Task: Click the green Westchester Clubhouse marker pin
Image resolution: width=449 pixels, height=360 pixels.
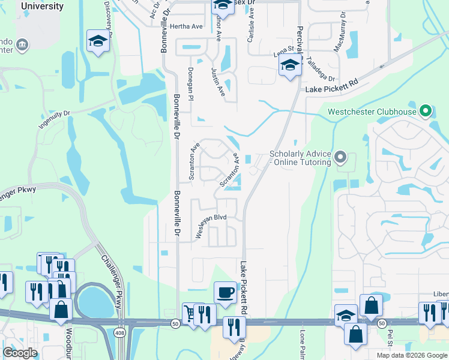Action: click(426, 111)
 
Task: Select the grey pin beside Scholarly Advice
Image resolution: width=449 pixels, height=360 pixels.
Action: click(340, 158)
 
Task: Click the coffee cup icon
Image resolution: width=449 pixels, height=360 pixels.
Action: click(225, 292)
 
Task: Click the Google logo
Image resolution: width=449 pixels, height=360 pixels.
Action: click(20, 353)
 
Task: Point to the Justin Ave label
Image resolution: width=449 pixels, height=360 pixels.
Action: click(218, 82)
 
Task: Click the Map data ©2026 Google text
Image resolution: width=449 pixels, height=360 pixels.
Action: click(411, 355)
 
